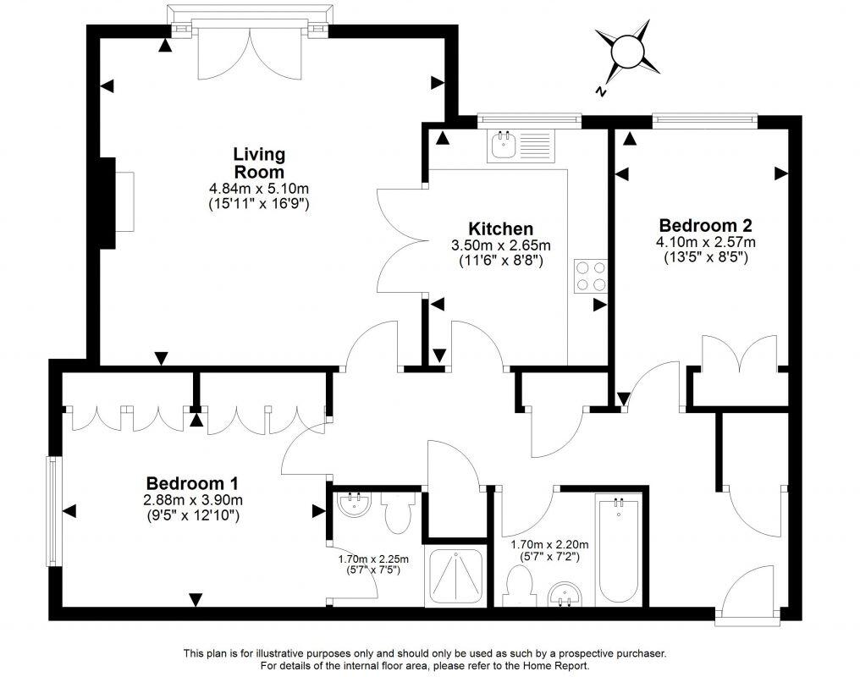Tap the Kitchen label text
tap(501, 229)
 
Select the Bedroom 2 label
tap(705, 226)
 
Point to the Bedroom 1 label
tap(192, 483)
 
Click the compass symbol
tap(626, 52)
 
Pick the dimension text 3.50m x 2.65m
tap(501, 245)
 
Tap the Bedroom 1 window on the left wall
tap(53, 512)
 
